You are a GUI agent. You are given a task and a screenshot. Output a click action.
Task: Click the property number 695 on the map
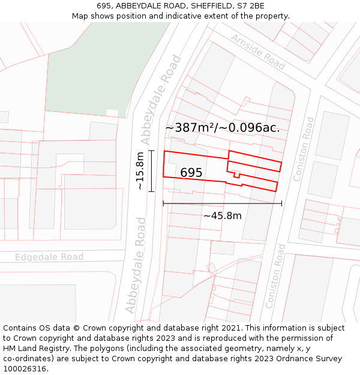tap(191, 173)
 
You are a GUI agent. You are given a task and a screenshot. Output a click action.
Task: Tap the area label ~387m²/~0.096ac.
tap(223, 127)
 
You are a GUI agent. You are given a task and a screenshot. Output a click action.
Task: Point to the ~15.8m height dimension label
tap(140, 171)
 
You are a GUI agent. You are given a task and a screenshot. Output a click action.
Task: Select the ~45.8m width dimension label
tap(222, 215)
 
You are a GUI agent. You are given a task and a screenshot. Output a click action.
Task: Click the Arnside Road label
tap(258, 52)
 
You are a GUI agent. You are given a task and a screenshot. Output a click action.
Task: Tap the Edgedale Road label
tap(49, 257)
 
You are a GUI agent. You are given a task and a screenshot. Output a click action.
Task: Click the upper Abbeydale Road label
tap(161, 99)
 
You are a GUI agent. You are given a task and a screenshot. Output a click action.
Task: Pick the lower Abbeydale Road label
tap(136, 265)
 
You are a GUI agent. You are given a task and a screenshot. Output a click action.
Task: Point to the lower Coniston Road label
tap(276, 284)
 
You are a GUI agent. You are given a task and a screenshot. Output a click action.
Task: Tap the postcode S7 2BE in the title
tap(250, 6)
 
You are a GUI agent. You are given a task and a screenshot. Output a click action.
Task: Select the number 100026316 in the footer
tap(25, 369)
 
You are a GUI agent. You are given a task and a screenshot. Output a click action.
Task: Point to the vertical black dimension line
tap(151, 171)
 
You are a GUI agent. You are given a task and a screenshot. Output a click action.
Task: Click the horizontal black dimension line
tap(222, 204)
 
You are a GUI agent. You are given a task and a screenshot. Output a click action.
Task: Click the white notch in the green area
tap(112, 113)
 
